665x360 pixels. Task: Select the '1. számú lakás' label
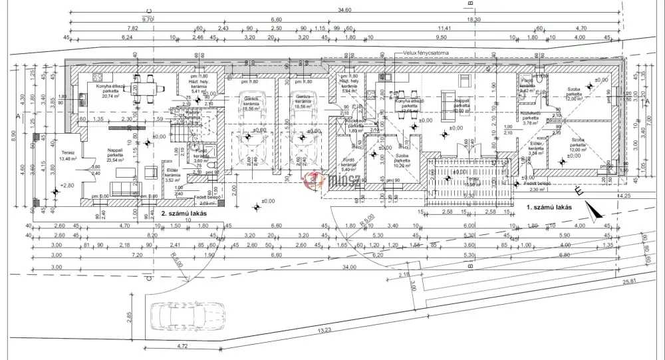pyautogui.click(x=549, y=207)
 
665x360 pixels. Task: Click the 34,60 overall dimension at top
pyautogui.click(x=344, y=10)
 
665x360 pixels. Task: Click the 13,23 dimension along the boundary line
pyautogui.click(x=325, y=329)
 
